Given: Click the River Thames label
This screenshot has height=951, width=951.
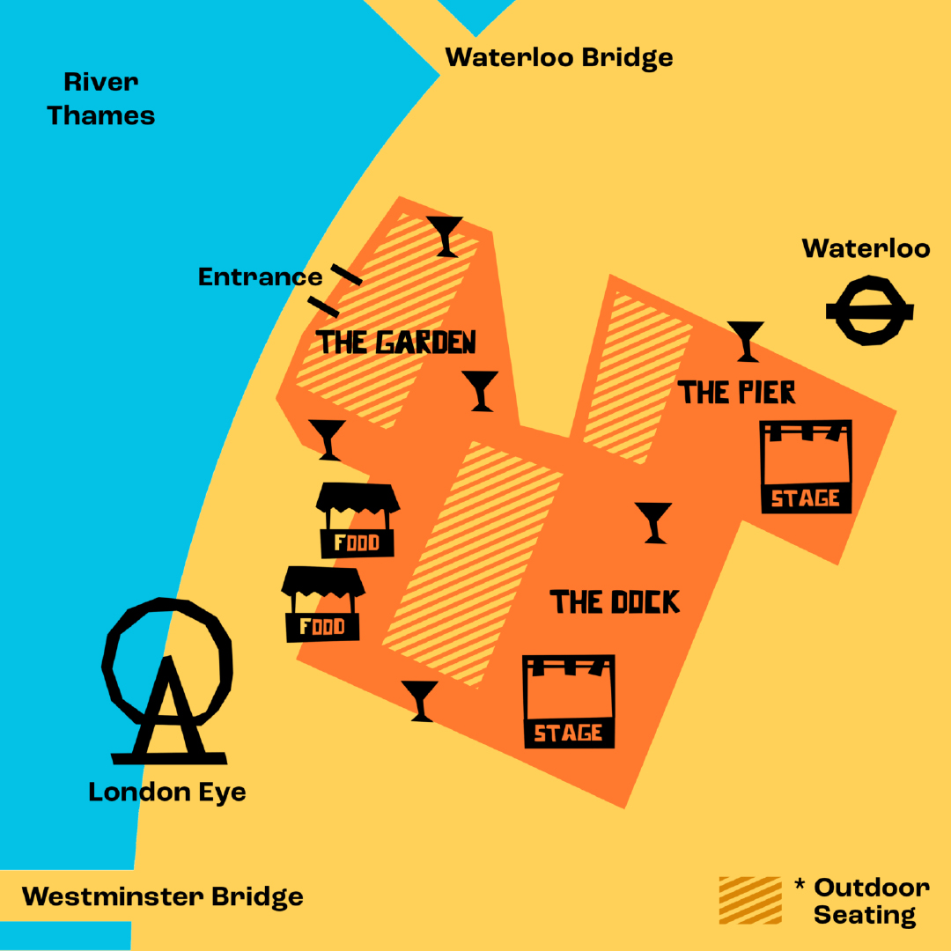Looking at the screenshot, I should [x=100, y=99].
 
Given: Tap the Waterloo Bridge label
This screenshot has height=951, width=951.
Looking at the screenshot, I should [x=558, y=58].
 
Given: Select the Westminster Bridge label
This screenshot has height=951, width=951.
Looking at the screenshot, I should [x=162, y=896].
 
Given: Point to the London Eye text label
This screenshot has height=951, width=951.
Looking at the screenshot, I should [x=166, y=792].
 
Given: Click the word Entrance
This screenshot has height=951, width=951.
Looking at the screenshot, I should [x=260, y=277].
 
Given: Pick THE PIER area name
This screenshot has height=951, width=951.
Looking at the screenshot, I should [x=736, y=392].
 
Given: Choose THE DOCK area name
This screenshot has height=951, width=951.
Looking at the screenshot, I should [x=615, y=602].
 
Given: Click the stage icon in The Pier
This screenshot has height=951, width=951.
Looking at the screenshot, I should [x=806, y=466].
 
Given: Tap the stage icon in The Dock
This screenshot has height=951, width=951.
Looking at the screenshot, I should [x=568, y=701].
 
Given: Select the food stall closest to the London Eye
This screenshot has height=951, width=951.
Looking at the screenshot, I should [x=323, y=603].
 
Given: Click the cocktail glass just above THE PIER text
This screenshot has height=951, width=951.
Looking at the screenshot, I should [x=746, y=341].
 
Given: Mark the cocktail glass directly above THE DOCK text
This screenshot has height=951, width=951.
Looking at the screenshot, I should [x=653, y=522].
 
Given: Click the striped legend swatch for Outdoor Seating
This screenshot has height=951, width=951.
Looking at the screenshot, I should [x=749, y=900].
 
